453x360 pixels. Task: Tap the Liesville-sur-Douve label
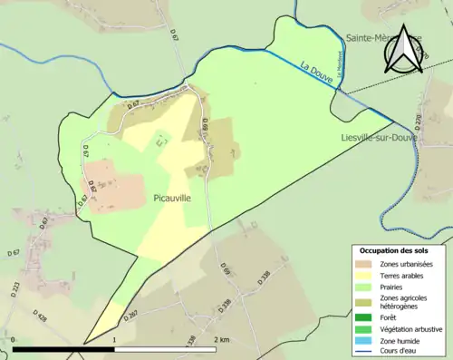pyautogui.click(x=379, y=138)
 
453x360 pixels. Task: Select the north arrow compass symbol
pyautogui.click(x=402, y=51)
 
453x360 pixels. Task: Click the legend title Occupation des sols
pyautogui.click(x=394, y=250)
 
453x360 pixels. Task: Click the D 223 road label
pyautogui.click(x=14, y=288)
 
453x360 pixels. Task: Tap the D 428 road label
pyautogui.click(x=41, y=316)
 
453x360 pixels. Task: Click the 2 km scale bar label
pyautogui.click(x=222, y=340)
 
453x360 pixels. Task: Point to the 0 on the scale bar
pyautogui.click(x=14, y=340)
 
